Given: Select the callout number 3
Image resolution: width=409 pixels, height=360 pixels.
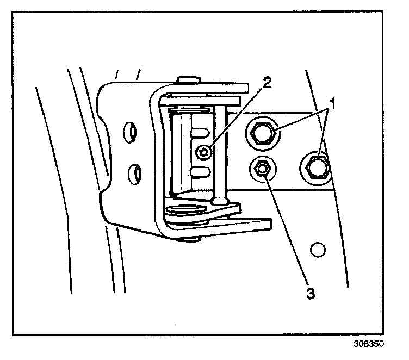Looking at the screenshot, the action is click(311, 293).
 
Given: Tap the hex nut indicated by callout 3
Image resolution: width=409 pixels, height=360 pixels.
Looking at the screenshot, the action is click(262, 169).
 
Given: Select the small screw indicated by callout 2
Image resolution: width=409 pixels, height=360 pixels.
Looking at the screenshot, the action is click(204, 153).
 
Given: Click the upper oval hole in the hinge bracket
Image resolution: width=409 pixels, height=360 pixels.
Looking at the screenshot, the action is click(130, 132).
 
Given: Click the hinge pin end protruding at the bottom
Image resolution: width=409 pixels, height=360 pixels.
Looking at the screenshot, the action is click(188, 238).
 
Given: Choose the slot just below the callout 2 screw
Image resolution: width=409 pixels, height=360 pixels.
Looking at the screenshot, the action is click(201, 173).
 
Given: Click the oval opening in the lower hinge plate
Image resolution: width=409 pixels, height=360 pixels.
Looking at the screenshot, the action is click(187, 208).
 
